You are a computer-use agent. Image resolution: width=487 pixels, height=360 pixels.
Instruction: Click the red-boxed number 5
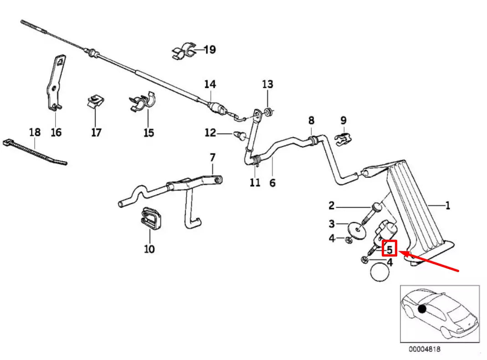tap(390, 249)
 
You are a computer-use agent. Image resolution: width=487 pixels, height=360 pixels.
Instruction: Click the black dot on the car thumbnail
tap(422, 309)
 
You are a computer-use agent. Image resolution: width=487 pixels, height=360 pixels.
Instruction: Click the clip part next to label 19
tap(184, 52)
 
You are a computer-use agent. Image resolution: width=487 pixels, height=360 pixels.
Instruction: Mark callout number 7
tap(212, 158)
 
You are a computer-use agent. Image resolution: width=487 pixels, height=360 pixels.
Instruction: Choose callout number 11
tap(255, 183)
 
